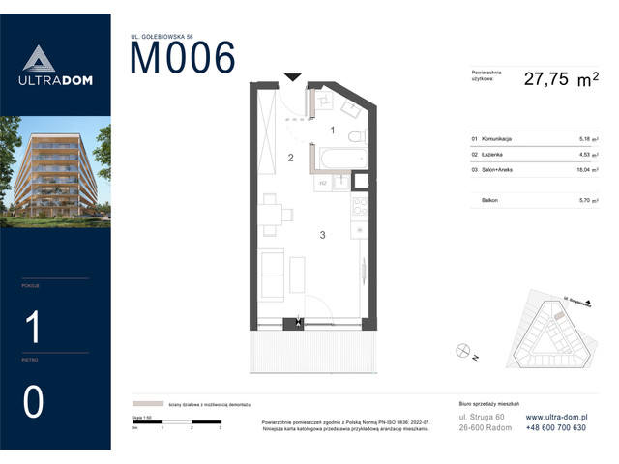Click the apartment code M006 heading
tap(183, 59)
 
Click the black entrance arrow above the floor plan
tap(292, 77)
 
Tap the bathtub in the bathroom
tap(339, 158)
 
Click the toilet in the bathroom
tap(357, 135)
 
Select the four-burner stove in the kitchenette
tap(359, 206)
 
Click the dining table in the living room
tap(273, 214)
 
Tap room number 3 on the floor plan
tap(322, 235)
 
